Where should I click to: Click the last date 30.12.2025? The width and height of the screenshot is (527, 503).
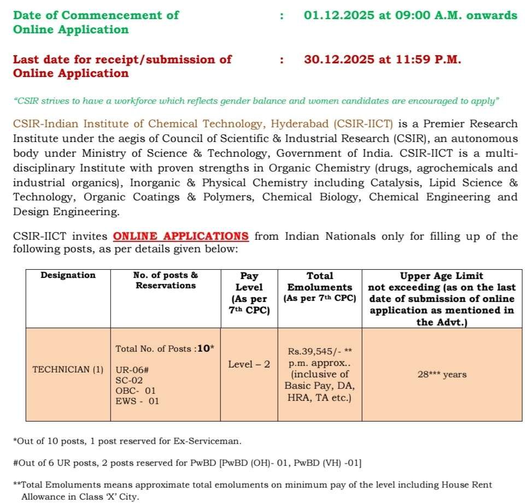coord(336,59)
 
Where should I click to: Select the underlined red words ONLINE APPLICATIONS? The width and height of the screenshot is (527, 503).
coord(181,236)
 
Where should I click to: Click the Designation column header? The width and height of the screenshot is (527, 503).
coord(68,275)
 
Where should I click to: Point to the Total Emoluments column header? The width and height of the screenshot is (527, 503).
coord(320,281)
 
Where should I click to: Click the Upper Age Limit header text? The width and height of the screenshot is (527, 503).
coord(442,276)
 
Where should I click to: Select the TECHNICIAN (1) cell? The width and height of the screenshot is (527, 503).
coord(68,369)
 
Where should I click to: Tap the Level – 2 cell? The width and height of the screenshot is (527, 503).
coord(249,364)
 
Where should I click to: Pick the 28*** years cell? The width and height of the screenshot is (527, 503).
coord(442,374)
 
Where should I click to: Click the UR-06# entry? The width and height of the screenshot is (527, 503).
coord(132,370)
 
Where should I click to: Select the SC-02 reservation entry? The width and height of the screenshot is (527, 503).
coord(128,380)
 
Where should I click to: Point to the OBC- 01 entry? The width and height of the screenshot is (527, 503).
coord(136,390)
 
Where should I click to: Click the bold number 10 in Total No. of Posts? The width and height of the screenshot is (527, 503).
coord(203,348)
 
